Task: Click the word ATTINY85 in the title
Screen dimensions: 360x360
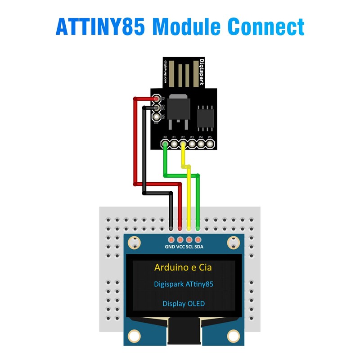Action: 100,27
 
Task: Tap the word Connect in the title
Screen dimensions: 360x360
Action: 265,27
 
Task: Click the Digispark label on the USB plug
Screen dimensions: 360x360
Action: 202,72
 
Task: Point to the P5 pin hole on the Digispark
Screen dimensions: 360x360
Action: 210,144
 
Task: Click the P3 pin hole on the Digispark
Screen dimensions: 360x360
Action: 192,144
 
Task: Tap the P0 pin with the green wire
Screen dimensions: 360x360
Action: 166,144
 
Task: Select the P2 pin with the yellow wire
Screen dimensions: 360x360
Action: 183,144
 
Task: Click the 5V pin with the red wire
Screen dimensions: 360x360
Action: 156,99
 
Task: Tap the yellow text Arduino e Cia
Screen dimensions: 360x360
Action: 183,267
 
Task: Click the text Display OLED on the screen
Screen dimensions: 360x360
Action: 184,304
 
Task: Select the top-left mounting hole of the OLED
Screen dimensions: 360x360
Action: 134,243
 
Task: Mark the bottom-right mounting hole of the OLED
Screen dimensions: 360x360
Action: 233,335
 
